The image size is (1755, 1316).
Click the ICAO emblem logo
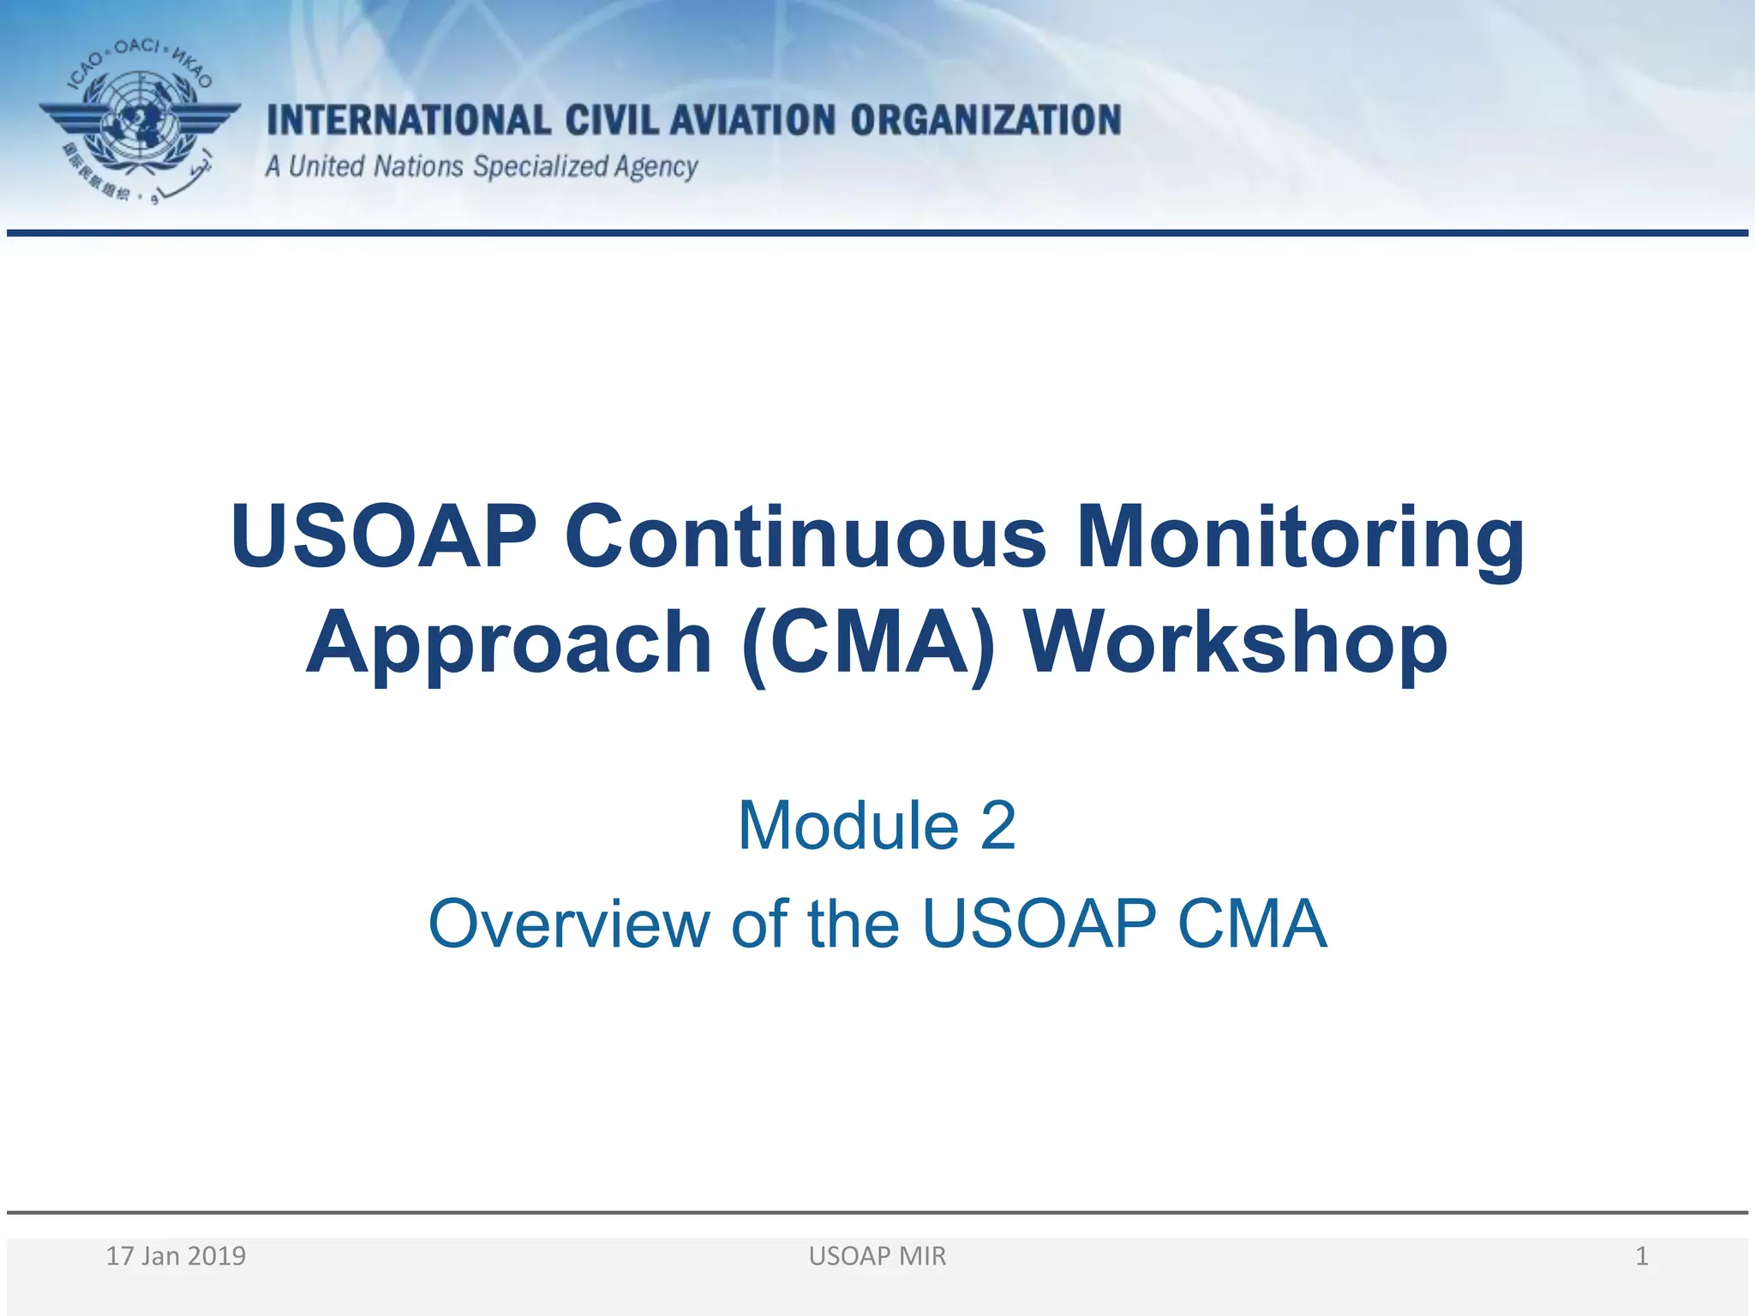140,121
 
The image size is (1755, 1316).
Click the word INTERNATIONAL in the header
408,121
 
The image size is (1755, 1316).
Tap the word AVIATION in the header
752,121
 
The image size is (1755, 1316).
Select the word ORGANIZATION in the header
985,121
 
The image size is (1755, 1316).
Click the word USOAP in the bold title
383,536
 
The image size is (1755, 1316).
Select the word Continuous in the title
805,536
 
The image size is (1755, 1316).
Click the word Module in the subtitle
848,825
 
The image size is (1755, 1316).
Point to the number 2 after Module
997,825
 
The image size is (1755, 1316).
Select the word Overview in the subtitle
569,924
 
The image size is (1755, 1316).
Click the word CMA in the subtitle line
1252,924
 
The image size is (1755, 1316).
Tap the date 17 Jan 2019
176,1256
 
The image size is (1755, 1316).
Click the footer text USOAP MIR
877,1256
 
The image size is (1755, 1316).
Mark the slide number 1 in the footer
1641,1256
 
